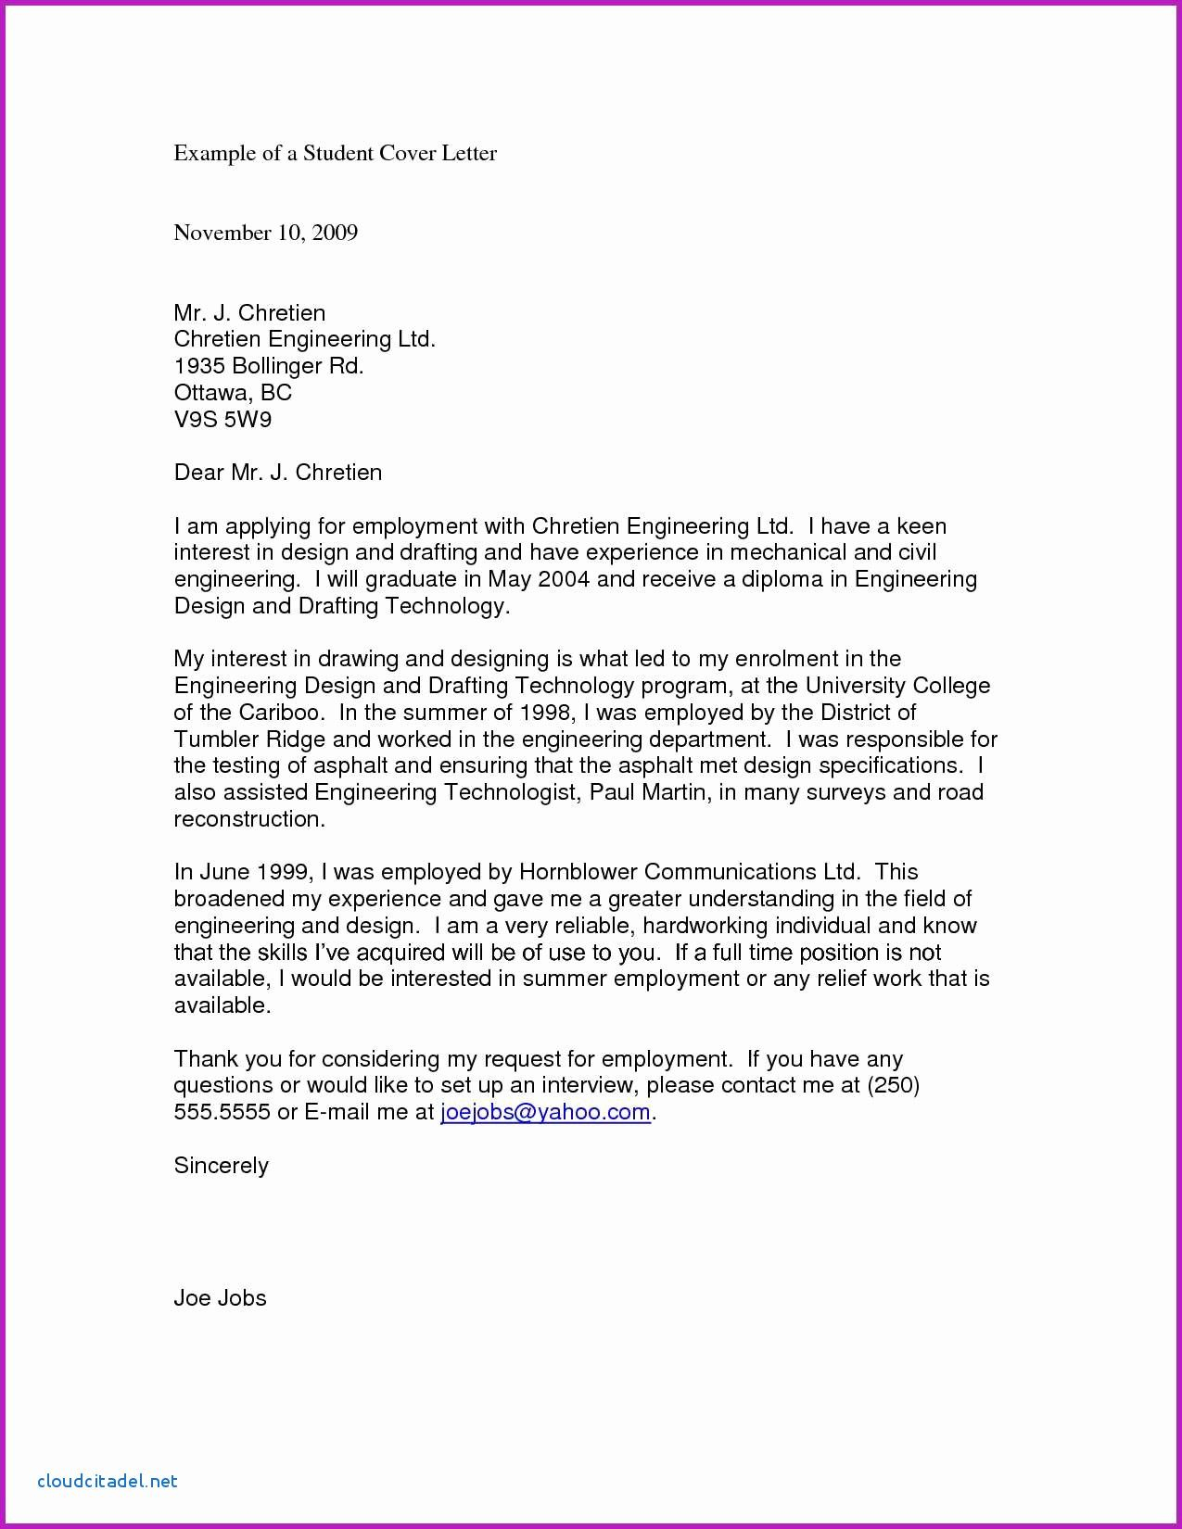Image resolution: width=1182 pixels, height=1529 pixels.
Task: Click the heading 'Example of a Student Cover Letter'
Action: [x=335, y=153]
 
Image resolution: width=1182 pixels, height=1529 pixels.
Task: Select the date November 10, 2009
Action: [x=265, y=233]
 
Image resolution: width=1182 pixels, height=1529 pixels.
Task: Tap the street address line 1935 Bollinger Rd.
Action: [x=269, y=366]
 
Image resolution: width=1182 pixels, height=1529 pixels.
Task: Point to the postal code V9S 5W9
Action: [x=222, y=420]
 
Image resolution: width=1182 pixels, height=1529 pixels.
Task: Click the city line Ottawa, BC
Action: [x=233, y=393]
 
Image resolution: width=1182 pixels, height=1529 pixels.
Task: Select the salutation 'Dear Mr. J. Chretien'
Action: [x=277, y=473]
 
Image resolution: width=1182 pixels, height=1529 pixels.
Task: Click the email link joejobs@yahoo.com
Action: [x=545, y=1112]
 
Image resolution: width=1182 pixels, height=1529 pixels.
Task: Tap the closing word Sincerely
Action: [x=221, y=1166]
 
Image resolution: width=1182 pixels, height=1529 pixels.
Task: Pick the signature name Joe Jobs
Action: [x=220, y=1298]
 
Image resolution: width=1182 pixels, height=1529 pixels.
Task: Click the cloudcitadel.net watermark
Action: [x=108, y=1481]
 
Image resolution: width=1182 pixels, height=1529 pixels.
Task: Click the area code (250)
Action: [x=893, y=1085]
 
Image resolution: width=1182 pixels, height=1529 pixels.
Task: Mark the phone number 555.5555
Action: [x=222, y=1112]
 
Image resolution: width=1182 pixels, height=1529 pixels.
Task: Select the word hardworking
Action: [x=705, y=926]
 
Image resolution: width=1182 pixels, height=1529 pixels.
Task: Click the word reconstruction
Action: [x=249, y=819]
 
